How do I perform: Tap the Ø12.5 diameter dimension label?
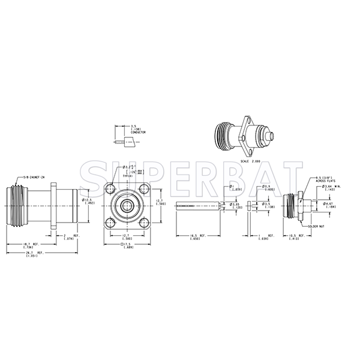point(89,202)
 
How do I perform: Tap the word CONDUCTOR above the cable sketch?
point(139,131)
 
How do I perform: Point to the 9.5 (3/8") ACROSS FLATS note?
point(328,179)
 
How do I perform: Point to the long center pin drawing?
point(198,206)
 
